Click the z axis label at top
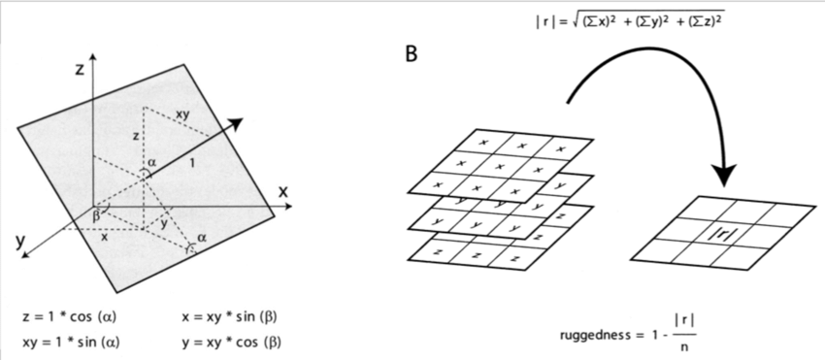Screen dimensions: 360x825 click(79, 70)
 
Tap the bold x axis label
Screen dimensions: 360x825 click(283, 191)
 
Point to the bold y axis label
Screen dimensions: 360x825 click(20, 243)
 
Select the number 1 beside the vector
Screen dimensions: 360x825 click(192, 164)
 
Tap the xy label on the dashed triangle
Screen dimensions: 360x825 click(182, 115)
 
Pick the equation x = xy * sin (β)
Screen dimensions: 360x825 click(231, 317)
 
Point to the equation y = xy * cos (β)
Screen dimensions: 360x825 click(231, 342)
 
